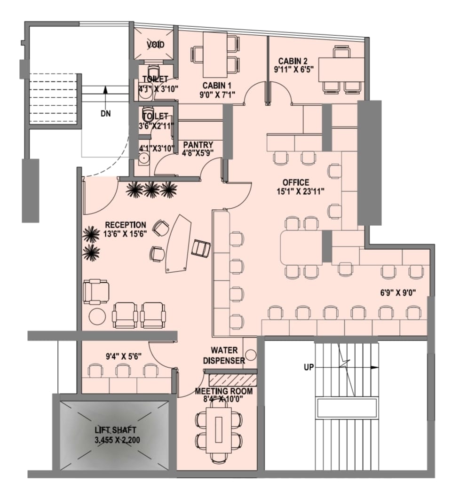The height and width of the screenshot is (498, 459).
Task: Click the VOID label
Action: pos(156,45)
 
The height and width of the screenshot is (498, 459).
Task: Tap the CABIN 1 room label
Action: pos(217,86)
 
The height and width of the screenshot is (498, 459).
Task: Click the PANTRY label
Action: pos(198,145)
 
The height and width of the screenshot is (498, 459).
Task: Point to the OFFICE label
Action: pos(296,182)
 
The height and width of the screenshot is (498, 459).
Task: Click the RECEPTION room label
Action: pos(126,225)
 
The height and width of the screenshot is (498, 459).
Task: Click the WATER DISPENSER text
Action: pos(224,356)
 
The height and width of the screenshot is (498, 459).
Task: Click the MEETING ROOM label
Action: pos(224,391)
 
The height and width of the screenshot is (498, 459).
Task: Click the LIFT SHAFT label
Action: pos(116,430)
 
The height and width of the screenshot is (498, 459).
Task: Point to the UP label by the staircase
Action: pos(309,367)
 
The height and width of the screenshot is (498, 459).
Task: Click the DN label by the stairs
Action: pos(106,113)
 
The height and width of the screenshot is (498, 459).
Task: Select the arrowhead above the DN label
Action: pos(105,89)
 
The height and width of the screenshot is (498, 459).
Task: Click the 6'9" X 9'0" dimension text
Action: pos(398,292)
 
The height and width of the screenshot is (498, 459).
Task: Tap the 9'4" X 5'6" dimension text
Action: pos(124,356)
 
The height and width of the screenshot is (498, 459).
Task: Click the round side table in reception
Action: pos(97,316)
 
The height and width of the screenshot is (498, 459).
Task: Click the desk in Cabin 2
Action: pos(341,70)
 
